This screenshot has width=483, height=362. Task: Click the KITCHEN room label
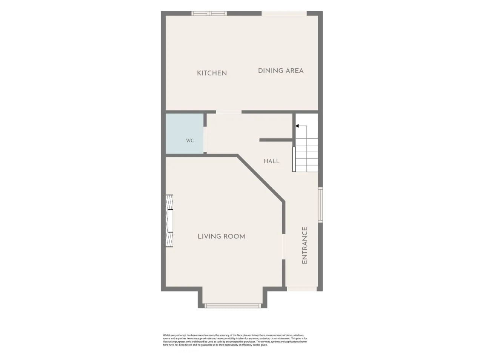pyautogui.click(x=212, y=73)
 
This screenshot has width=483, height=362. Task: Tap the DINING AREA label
pyautogui.click(x=281, y=71)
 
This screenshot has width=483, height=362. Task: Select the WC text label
pyautogui.click(x=190, y=141)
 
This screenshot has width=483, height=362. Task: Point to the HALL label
pyautogui.click(x=272, y=161)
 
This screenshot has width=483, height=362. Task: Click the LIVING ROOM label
pyautogui.click(x=222, y=236)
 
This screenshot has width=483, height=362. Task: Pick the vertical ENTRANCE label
pyautogui.click(x=305, y=245)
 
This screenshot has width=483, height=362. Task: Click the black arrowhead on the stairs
pyautogui.click(x=297, y=126)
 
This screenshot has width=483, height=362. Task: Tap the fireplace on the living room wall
pyautogui.click(x=169, y=221)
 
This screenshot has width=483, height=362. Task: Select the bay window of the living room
pyautogui.click(x=232, y=306)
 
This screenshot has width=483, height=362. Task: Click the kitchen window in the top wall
pyautogui.click(x=209, y=14)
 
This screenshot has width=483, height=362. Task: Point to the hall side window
pyautogui.click(x=320, y=205)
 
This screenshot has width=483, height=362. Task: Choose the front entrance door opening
pyautogui.click(x=301, y=289)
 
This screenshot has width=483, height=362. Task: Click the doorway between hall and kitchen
pyautogui.click(x=229, y=112)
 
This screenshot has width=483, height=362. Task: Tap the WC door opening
pyautogui.click(x=205, y=140)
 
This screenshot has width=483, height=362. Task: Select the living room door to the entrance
pyautogui.click(x=284, y=247)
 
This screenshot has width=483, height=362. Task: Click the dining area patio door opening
pyautogui.click(x=284, y=14)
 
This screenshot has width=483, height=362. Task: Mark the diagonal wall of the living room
pyautogui.click(x=260, y=178)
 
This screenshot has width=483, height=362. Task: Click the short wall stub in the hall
pyautogui.click(x=276, y=140)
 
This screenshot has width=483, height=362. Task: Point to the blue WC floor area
pyautogui.click(x=185, y=133)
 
